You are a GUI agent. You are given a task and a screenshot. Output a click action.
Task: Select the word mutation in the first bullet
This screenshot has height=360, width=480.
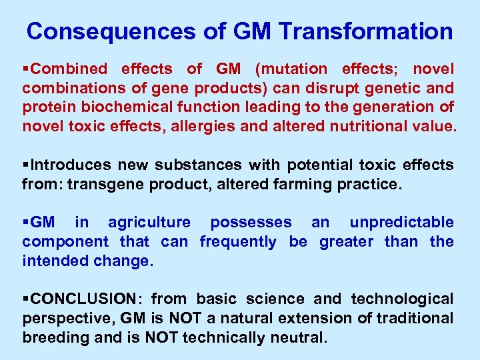[300, 69]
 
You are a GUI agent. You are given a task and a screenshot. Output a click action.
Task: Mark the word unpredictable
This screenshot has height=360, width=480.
[401, 222]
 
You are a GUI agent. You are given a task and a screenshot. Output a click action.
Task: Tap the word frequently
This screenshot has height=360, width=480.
[238, 241]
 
